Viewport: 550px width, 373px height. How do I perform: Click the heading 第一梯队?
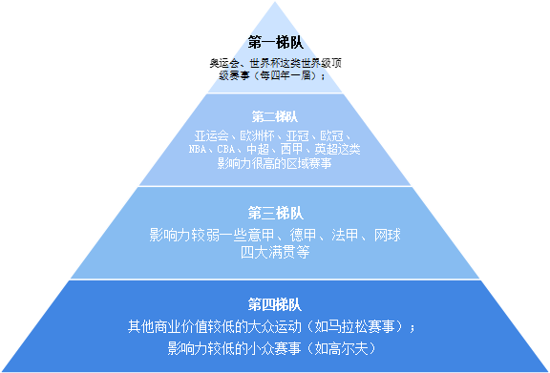[275, 42]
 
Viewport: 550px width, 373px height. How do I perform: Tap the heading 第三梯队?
[275, 212]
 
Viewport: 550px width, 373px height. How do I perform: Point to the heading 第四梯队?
[275, 305]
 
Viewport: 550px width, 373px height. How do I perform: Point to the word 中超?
[257, 150]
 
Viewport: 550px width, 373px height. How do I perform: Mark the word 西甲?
[289, 150]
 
